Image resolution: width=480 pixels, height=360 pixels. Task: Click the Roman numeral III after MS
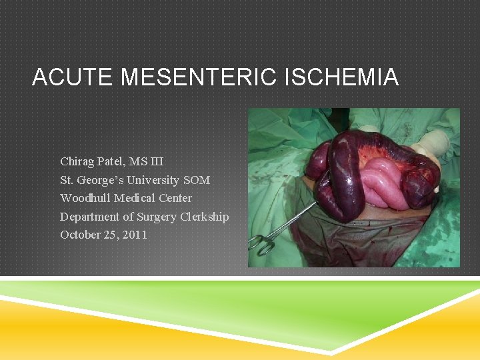point(156,161)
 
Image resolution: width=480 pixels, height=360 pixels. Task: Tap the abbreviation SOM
point(197,180)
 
